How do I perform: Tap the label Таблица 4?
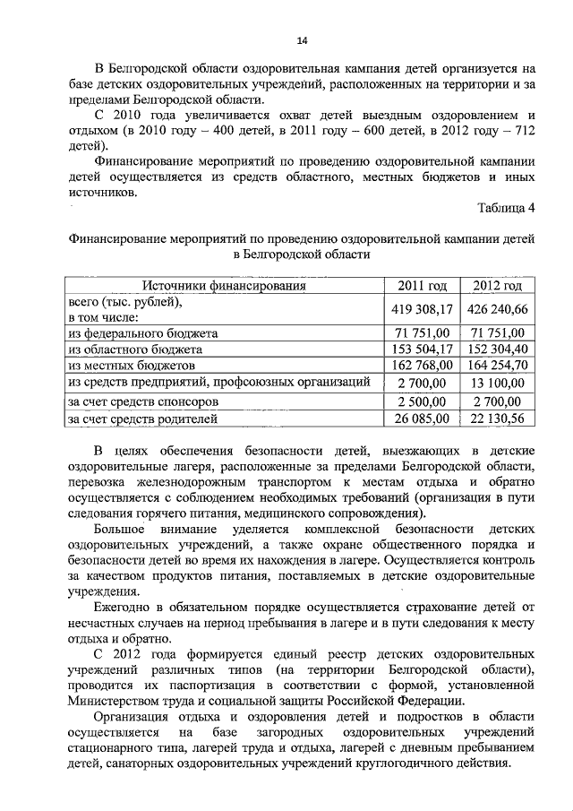pyautogui.click(x=507, y=209)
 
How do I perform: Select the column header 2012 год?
pyautogui.click(x=498, y=286)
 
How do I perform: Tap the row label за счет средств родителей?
pyautogui.click(x=142, y=418)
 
